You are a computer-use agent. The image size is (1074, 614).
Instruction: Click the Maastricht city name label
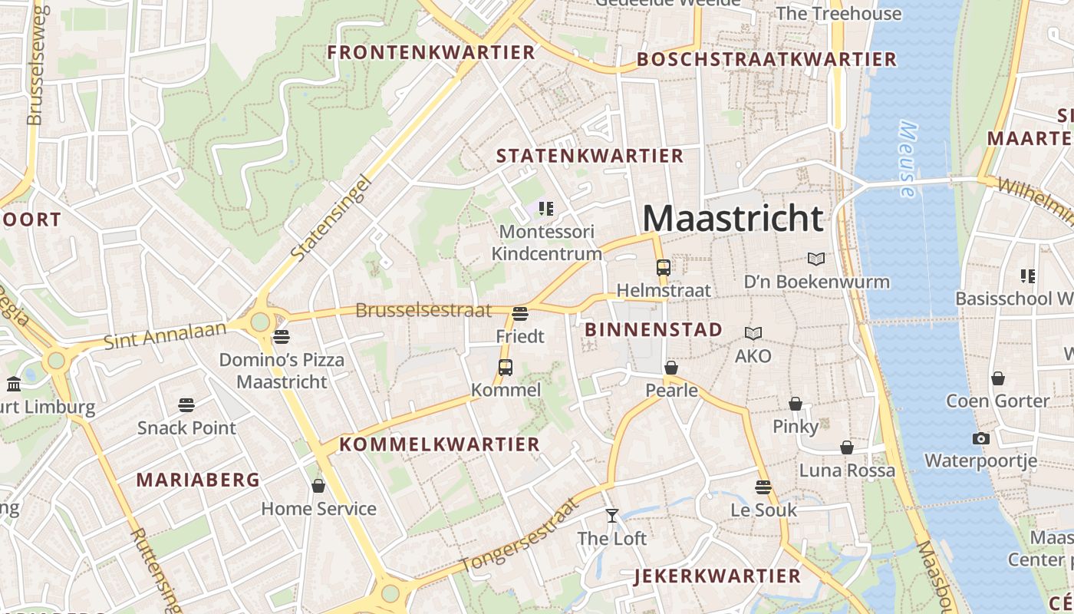click(733, 218)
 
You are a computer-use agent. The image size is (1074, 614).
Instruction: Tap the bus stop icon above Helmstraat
click(664, 268)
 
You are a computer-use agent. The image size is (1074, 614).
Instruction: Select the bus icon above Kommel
click(506, 368)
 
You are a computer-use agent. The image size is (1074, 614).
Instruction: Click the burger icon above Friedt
click(520, 313)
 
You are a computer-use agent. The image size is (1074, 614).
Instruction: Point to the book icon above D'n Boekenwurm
click(816, 259)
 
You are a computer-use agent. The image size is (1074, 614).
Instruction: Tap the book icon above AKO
click(753, 334)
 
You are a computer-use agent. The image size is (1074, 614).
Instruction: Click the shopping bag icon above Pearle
click(671, 368)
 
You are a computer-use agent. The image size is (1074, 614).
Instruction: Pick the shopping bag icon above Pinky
click(796, 404)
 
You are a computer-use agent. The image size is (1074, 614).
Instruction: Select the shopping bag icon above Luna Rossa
click(847, 447)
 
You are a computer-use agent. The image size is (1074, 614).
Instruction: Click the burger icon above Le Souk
click(763, 487)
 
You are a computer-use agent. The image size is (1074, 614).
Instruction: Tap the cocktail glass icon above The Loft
click(611, 516)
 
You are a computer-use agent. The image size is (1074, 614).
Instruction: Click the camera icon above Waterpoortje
click(980, 439)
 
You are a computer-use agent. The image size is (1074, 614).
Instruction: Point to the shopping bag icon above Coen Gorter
click(997, 378)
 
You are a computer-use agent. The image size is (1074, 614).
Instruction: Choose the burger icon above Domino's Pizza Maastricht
click(282, 336)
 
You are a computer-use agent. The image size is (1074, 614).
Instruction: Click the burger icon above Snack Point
click(186, 404)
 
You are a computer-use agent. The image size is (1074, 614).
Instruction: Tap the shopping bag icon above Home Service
click(318, 486)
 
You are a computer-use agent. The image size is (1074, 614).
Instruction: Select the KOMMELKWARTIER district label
click(440, 444)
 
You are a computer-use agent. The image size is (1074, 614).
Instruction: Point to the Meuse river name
click(908, 160)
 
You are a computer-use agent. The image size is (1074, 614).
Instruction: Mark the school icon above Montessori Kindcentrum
click(546, 208)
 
